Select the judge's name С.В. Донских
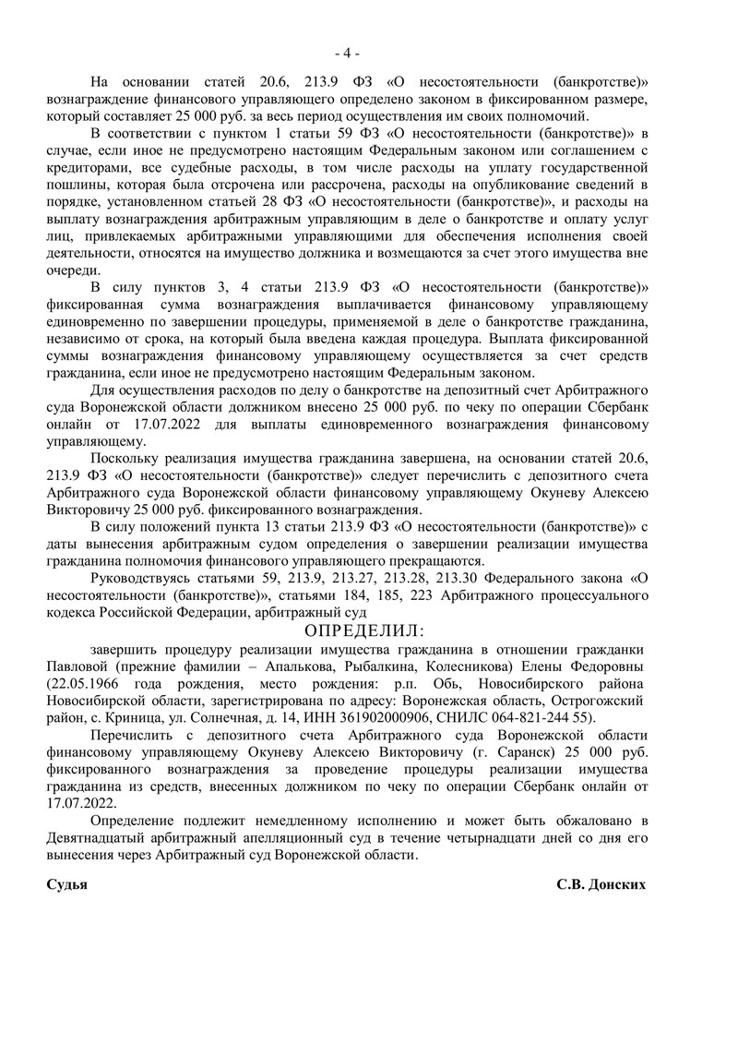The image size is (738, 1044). click(601, 883)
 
